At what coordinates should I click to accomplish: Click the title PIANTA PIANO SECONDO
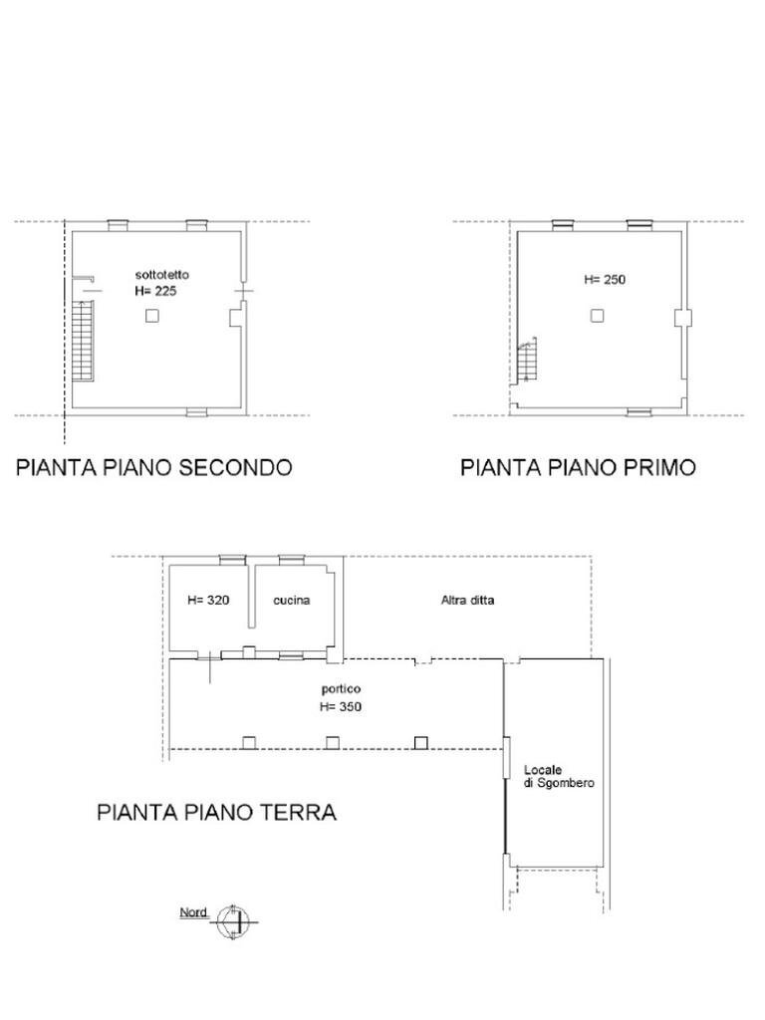click(x=153, y=467)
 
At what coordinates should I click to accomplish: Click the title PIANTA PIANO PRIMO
click(x=578, y=467)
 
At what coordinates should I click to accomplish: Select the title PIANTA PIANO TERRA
click(x=216, y=812)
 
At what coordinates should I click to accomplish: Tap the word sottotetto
click(x=162, y=274)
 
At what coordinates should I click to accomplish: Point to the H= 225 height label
click(x=156, y=291)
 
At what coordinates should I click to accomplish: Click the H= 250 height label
click(x=605, y=280)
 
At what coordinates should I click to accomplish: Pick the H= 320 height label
click(x=208, y=601)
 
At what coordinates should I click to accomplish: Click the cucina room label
click(x=292, y=601)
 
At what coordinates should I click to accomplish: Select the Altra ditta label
click(x=467, y=601)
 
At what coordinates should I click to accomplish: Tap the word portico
click(x=341, y=689)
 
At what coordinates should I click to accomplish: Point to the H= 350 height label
click(x=341, y=707)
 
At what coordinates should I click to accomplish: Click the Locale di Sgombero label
click(x=559, y=777)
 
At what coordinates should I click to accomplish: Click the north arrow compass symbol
click(x=234, y=922)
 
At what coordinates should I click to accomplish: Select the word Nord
click(x=193, y=912)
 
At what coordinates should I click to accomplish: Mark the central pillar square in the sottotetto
click(x=151, y=316)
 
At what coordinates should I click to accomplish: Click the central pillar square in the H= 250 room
click(x=597, y=316)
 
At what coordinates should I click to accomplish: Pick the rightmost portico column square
click(x=421, y=742)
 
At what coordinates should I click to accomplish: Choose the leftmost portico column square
click(x=249, y=742)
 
